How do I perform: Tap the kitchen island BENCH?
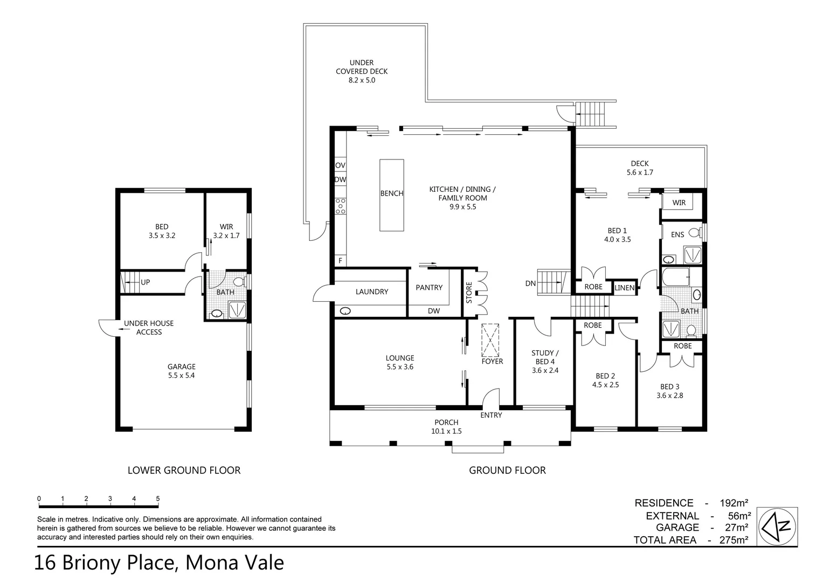pos(392,195)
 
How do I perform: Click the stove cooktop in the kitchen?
pos(340,206)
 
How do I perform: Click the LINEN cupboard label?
pos(625,288)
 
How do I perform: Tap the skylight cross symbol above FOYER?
pos(491,340)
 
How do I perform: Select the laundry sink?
pos(345,311)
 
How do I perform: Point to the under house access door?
pos(107,327)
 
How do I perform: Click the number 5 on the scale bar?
pos(158,499)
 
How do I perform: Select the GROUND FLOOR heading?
pos(507,470)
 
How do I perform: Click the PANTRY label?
pos(429,288)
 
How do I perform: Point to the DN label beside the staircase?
pos(530,283)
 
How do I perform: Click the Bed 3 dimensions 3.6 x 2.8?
pos(669,396)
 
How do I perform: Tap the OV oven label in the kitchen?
pos(340,165)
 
